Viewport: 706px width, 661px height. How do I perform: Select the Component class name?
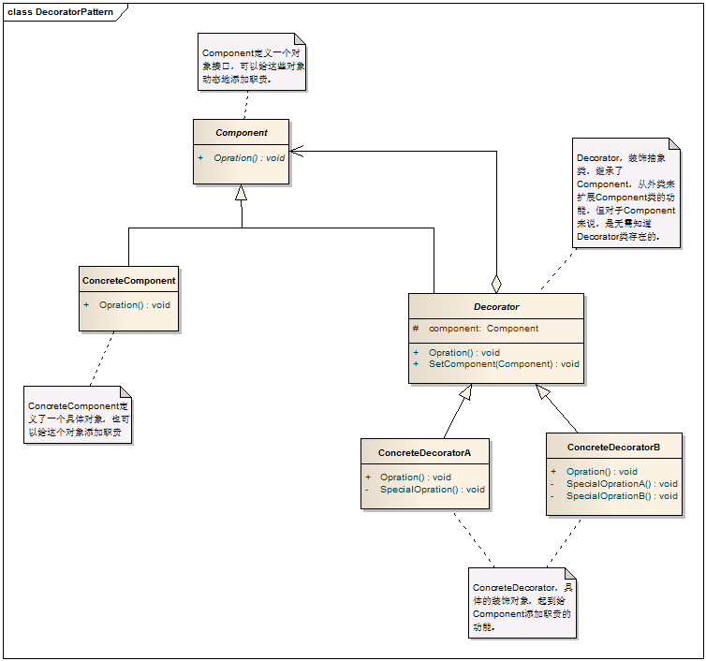(242, 133)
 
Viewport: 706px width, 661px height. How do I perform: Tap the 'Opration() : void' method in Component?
(248, 158)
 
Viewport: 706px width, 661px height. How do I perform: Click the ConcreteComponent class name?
(129, 281)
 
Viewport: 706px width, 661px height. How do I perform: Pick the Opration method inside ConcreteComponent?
(134, 305)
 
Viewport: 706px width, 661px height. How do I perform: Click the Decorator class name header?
(496, 306)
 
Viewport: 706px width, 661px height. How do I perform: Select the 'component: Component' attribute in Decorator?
(483, 329)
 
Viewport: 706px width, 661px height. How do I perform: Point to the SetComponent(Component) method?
(504, 364)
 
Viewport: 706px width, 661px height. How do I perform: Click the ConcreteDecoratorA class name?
(424, 453)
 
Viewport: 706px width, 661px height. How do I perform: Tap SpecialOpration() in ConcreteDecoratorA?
(432, 490)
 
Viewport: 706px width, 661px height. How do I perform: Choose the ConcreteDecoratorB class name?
(613, 448)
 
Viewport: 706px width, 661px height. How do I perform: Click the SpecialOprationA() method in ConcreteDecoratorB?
(622, 484)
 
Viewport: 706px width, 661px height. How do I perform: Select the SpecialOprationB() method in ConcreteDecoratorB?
(622, 496)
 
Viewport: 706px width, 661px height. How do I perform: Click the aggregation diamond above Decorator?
(496, 283)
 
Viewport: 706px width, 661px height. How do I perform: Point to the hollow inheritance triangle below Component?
(242, 193)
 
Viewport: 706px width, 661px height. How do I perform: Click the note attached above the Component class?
(252, 62)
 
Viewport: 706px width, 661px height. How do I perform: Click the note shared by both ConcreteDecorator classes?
(522, 603)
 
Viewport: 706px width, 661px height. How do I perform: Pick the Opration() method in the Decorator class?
(463, 353)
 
